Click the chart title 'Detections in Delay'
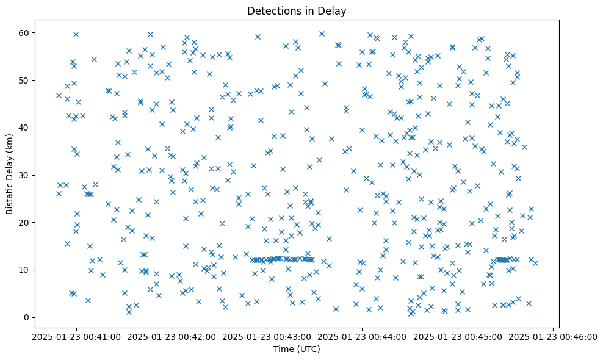tap(296, 10)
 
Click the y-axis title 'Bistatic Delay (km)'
tap(10, 174)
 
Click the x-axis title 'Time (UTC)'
tap(296, 349)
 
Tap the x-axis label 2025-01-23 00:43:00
tap(267, 336)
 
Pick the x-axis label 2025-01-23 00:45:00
tap(458, 336)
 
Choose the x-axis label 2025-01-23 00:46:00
tap(553, 336)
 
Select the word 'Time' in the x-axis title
tap(283, 349)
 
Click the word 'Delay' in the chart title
tap(333, 10)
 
